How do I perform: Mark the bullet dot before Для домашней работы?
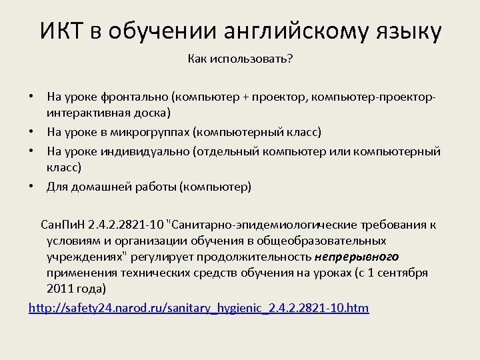[32, 186]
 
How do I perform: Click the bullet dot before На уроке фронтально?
[32, 98]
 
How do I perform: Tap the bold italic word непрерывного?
[357, 256]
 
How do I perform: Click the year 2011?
[59, 289]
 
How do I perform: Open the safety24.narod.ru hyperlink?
[199, 307]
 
